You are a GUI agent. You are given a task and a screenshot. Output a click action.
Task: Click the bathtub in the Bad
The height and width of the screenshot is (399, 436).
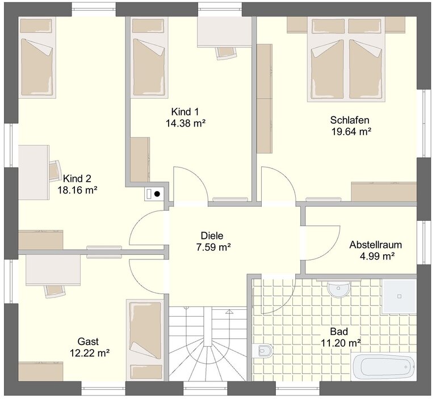pos(384,367)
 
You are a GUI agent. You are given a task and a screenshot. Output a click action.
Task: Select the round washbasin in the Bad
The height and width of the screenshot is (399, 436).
pos(339,289)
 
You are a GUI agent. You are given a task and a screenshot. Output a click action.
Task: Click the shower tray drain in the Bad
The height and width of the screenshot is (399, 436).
pos(399,296)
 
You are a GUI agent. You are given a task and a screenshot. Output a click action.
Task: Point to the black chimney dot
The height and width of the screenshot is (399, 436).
pos(157,194)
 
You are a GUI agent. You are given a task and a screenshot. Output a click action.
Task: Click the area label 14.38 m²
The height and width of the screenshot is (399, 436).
pos(186,123)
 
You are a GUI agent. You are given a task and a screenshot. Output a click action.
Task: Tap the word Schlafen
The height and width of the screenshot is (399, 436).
pos(350,120)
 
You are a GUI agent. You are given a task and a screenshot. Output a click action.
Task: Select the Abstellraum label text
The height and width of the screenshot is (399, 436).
pos(376,245)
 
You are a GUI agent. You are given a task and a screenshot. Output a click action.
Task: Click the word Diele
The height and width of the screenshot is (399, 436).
pos(212,236)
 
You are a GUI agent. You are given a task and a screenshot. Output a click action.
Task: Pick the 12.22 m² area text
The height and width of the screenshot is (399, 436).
pos(89,353)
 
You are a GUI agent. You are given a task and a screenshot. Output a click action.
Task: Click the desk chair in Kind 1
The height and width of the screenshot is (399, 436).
pos(226,53)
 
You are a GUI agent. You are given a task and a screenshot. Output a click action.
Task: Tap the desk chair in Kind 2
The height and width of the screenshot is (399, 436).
pos(55,171)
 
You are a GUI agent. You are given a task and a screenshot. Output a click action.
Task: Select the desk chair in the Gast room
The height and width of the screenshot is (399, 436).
pos(54,291)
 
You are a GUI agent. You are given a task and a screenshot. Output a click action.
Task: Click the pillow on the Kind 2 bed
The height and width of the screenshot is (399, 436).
pos(36,26)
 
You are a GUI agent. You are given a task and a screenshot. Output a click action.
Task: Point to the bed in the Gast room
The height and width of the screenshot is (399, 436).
pos(145,340)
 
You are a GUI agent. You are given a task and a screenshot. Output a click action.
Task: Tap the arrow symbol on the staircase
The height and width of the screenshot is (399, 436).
pos(229,312)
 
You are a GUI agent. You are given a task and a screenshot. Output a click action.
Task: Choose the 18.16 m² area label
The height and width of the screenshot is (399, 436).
pos(77,190)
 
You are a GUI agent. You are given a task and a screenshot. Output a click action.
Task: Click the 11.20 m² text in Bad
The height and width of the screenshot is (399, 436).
pos(341,343)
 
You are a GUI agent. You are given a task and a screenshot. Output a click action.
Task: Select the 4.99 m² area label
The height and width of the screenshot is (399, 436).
pos(378,256)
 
